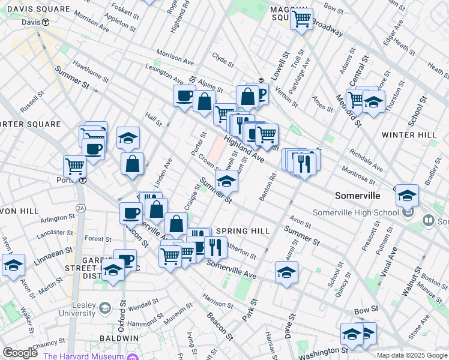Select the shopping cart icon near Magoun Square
point(301,19)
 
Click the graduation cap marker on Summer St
point(226,181)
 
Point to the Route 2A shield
point(80,208)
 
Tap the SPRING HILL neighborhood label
point(240,230)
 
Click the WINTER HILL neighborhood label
point(409,135)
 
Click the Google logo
point(20,352)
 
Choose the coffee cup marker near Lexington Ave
point(185,95)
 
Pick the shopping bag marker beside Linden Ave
point(132,164)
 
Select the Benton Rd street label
point(268,186)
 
